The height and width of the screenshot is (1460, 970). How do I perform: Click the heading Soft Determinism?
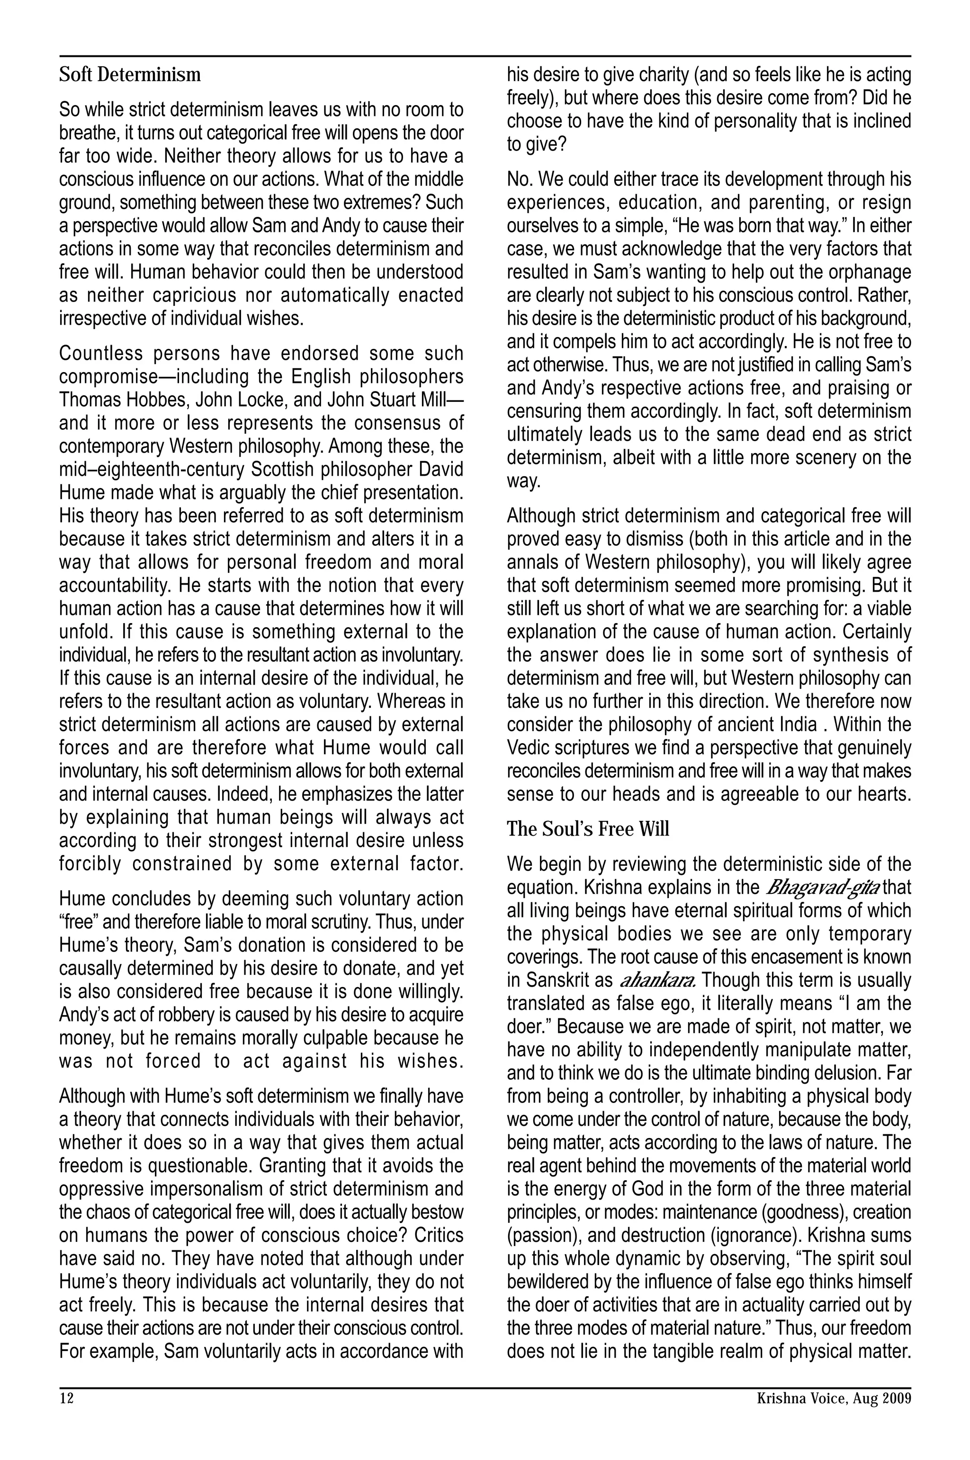click(130, 75)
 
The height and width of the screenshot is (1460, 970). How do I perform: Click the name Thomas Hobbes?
click(123, 400)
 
